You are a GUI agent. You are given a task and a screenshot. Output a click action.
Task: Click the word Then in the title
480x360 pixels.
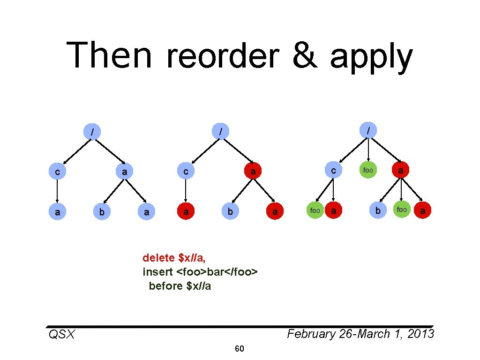pos(109,55)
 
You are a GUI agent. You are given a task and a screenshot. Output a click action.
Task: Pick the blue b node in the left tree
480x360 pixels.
pos(102,212)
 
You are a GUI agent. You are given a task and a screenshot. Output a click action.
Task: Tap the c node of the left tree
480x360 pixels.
pos(57,172)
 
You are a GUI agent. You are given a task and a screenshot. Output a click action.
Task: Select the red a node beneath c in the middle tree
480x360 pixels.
pos(186,212)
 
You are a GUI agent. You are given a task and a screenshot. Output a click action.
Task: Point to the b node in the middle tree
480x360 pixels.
pos(230,212)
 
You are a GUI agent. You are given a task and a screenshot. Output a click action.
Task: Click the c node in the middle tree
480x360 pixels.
pos(186,172)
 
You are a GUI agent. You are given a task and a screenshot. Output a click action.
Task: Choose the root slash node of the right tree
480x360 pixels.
pos(369,129)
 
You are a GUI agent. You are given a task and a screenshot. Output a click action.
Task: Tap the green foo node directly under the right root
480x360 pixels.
pos(368,170)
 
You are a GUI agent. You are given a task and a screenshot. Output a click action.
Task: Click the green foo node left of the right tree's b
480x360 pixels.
pos(315,210)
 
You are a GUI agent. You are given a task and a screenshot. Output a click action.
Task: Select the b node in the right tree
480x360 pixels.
pos(377,210)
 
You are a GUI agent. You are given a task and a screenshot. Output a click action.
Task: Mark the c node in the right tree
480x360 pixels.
pos(333,170)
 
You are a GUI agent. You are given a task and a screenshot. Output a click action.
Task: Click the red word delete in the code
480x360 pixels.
pos(159,257)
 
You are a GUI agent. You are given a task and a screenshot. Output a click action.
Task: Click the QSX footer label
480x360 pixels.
pos(61,334)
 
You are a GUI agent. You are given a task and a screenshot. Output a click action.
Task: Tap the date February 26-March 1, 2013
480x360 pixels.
pos(360,334)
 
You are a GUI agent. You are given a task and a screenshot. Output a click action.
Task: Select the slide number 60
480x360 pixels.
pos(240,349)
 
